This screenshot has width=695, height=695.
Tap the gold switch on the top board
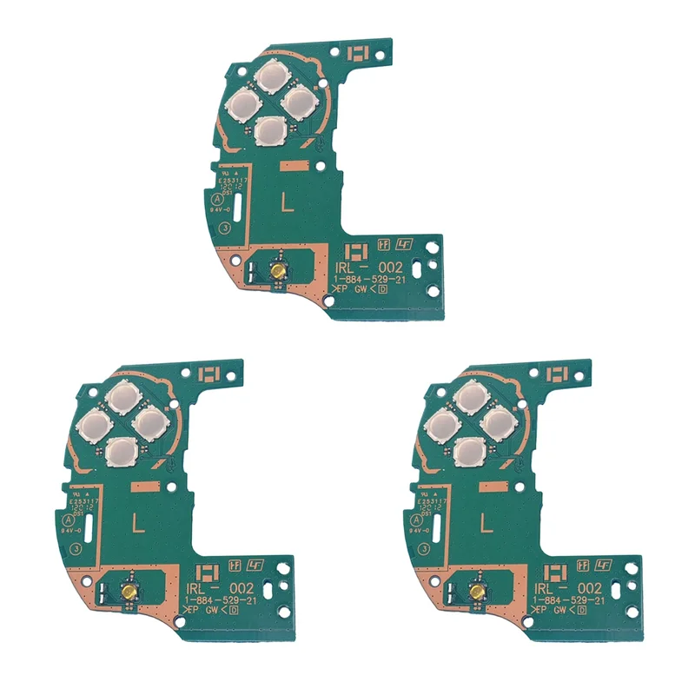[x=279, y=271]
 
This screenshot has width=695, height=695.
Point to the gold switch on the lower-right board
[x=477, y=591]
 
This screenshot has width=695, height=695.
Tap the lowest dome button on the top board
[x=273, y=130]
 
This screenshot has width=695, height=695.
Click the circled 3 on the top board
[x=225, y=228]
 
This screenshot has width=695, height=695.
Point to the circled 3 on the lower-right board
[x=423, y=548]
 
